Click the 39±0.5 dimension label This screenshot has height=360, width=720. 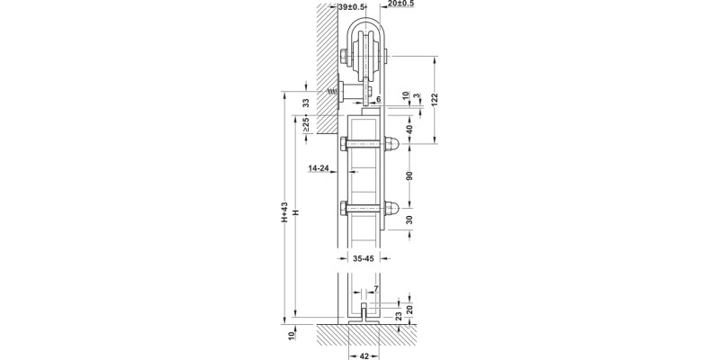coord(351,6)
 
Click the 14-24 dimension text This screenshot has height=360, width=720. coord(318,167)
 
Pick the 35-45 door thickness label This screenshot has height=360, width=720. coord(364,257)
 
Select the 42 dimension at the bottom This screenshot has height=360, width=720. coord(364,355)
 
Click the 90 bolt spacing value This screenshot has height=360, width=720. coord(409,175)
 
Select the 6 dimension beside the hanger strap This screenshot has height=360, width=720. coord(379,99)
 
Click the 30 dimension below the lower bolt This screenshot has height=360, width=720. coord(409,220)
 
